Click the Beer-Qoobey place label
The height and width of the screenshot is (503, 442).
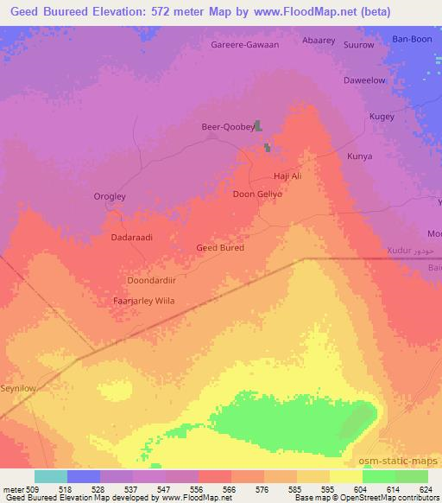coord(227,126)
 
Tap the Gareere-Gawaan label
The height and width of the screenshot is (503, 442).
coord(245,44)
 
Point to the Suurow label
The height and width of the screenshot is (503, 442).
coord(358,44)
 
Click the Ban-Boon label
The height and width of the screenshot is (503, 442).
coord(411,39)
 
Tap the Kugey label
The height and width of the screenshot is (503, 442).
coord(382,116)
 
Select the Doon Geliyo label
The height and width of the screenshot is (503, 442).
coord(258,194)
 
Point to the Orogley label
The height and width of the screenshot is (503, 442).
coord(110,196)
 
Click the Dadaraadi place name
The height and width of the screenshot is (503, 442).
coord(132,236)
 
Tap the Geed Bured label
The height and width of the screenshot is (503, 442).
coord(220,247)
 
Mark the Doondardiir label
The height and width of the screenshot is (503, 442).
coord(150,280)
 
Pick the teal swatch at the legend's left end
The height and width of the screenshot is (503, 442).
coord(50,476)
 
